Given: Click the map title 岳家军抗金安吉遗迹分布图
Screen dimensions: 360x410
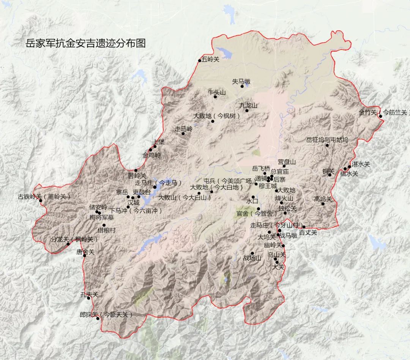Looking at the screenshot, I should (85, 43).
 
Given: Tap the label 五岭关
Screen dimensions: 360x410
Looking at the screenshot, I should (211, 59).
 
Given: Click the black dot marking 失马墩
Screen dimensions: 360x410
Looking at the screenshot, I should (242, 86).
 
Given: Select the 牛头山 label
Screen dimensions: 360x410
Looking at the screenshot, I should (216, 92).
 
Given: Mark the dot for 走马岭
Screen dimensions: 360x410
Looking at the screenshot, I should (183, 133).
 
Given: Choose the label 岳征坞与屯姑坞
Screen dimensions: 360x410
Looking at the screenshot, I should (327, 140).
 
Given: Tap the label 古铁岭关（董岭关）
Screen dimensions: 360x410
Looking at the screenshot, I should (44, 197).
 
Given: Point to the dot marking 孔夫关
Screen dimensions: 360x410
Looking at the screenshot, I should (88, 298).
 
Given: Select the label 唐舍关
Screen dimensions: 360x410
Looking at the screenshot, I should (85, 251).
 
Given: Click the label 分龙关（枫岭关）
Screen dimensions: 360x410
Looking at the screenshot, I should (74, 239).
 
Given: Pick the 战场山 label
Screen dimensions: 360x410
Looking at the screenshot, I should (252, 258).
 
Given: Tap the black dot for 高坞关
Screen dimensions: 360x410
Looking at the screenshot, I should (323, 204).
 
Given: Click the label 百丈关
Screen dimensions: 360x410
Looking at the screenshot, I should (307, 232).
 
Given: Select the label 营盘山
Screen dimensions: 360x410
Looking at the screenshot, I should (287, 162).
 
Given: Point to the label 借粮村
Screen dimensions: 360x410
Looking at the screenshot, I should (107, 230).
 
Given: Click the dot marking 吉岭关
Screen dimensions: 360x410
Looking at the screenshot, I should (136, 171).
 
